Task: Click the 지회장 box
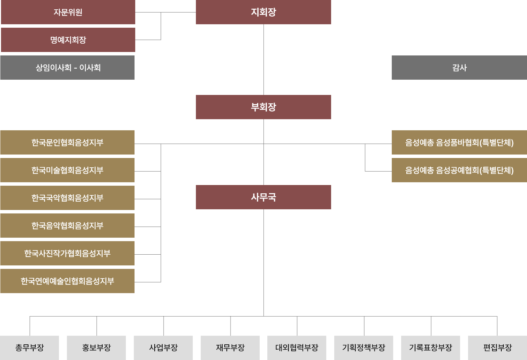point(263,12)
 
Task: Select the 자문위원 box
point(68,12)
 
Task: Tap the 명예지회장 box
point(68,40)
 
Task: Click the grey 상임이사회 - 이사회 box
point(68,68)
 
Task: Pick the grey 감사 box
point(459,68)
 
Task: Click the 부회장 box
point(263,107)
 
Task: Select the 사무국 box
point(263,197)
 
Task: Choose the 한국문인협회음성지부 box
point(68,142)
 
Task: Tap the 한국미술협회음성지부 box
point(68,170)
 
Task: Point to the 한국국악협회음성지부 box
point(68,198)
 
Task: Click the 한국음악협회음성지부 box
point(68,226)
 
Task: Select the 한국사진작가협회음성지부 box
point(68,253)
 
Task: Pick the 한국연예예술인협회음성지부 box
point(68,281)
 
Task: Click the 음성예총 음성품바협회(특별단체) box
point(459,142)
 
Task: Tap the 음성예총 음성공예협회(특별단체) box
point(459,170)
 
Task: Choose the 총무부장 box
point(29,348)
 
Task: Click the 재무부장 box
point(230,348)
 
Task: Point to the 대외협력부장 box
point(297,348)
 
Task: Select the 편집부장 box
point(498,348)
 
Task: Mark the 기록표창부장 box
point(431,348)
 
